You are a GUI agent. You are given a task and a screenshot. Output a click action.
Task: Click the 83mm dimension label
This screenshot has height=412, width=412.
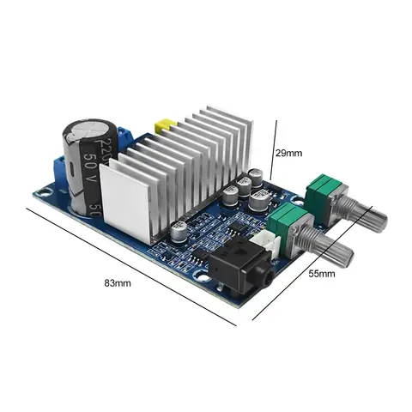pos(117,283)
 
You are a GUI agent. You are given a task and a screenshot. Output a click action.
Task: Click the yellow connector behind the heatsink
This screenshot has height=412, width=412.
pos(161,125)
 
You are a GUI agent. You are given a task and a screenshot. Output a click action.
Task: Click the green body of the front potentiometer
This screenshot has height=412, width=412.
pos(286,227)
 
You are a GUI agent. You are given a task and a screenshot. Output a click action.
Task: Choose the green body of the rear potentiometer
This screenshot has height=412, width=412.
pos(322,190)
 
